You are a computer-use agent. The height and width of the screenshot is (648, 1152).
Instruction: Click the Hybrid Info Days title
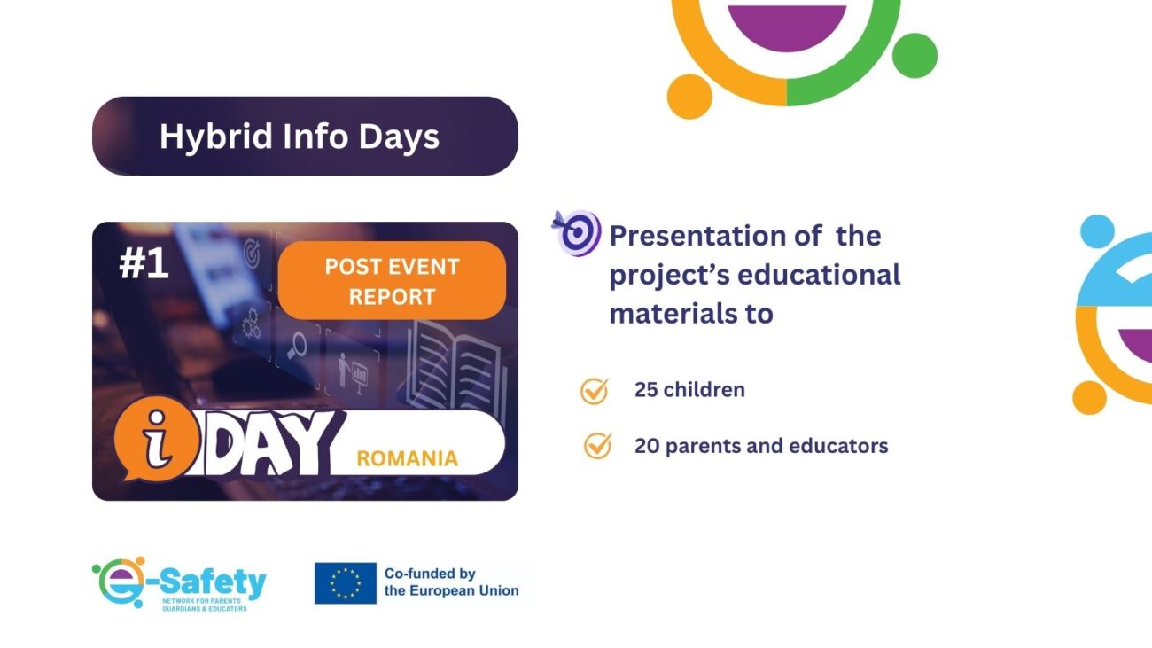coord(300,137)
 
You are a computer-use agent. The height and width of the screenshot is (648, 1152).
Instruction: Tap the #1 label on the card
coord(144,263)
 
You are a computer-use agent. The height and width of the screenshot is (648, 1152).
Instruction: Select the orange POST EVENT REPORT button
coord(392,281)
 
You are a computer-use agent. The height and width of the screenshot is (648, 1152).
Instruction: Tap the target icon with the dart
coord(576,233)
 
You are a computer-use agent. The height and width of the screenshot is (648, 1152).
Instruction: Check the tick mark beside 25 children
coord(595,392)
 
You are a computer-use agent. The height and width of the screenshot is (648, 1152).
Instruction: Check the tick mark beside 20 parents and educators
coord(598,445)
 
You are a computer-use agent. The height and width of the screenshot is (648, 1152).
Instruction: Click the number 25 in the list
coord(646,390)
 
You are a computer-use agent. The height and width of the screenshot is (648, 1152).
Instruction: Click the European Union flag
coord(346,583)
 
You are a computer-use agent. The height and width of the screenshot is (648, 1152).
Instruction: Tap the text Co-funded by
coord(430,574)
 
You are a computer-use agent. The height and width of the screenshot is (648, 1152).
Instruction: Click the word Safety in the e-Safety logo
coord(213,583)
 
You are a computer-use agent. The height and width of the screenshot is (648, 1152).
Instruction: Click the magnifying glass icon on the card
coord(297,345)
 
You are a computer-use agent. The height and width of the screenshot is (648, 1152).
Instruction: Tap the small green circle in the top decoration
coord(915,56)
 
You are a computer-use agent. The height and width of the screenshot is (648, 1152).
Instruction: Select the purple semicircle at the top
coord(787,25)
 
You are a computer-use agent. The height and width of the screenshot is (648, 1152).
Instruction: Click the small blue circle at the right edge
coord(1097,231)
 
